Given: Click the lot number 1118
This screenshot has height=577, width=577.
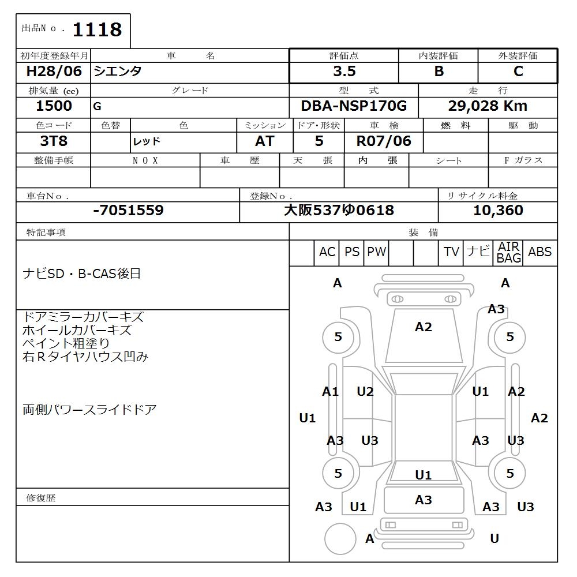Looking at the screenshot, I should click(x=97, y=29).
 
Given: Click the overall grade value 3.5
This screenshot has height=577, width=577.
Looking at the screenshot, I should click(x=344, y=72).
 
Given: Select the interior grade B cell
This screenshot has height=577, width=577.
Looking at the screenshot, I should click(x=439, y=72).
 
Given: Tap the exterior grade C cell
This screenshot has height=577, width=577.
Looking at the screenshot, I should click(x=518, y=72).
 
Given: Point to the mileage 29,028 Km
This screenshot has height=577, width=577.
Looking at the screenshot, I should click(x=488, y=106).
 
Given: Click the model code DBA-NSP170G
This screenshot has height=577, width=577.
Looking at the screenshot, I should click(x=354, y=106).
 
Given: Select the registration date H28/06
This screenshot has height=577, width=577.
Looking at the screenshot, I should click(x=54, y=72).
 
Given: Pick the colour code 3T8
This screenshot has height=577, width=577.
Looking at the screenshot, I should click(x=54, y=141).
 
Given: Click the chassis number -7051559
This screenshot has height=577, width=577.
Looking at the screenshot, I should click(x=128, y=211).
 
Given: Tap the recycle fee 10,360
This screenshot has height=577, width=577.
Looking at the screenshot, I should click(x=498, y=211).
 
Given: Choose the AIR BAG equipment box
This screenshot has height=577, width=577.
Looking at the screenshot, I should click(x=508, y=253).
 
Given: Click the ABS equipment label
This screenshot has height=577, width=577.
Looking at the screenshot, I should click(x=539, y=252).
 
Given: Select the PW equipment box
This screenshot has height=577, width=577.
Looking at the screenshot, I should click(x=376, y=252).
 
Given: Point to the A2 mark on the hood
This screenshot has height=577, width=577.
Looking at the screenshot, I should click(x=423, y=327).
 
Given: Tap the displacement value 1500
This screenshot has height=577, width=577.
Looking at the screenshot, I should click(x=54, y=106).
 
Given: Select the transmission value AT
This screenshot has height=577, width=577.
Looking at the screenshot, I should click(x=264, y=141).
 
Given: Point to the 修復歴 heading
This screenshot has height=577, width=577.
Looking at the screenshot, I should click(x=41, y=497).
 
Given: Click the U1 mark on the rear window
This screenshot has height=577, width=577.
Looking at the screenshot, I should click(x=423, y=475).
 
